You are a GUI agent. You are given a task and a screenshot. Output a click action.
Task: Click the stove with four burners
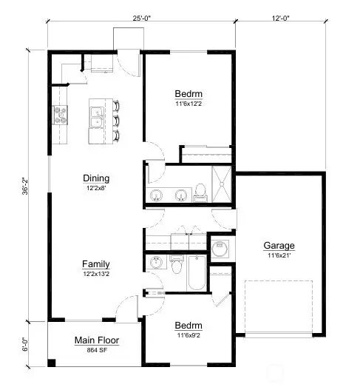(60, 115)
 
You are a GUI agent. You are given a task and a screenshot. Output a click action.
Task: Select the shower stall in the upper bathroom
(221, 182)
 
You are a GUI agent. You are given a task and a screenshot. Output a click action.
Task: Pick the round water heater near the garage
(220, 249)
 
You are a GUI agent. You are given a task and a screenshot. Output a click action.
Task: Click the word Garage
(279, 246)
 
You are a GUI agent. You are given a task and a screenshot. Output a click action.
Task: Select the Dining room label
(96, 178)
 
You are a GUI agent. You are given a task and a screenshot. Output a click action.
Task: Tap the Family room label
(96, 263)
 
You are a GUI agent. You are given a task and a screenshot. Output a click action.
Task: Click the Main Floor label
(97, 340)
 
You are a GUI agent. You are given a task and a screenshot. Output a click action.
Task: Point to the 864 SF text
(97, 351)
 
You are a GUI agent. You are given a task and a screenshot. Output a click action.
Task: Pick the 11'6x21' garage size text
(279, 256)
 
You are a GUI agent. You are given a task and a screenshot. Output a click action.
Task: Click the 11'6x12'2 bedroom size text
(189, 104)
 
